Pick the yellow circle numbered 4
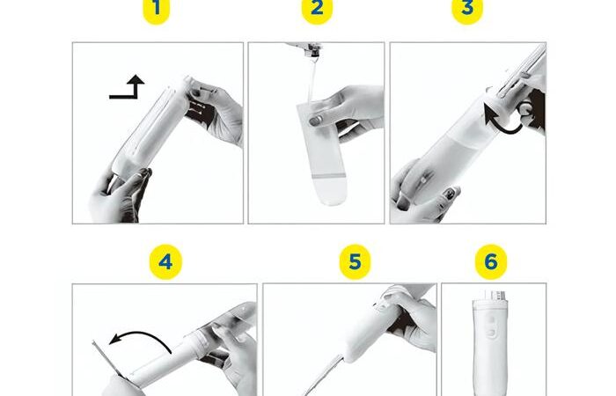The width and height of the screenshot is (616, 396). [165, 261]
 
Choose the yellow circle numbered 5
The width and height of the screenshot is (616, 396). [355, 261]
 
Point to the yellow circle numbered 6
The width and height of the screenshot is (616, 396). [491, 261]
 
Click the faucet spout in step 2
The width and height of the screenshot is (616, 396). [306, 48]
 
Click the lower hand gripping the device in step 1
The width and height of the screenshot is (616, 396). [120, 196]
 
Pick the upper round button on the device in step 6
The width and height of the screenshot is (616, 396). [491, 320]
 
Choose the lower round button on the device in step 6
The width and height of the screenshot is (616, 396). [491, 334]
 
